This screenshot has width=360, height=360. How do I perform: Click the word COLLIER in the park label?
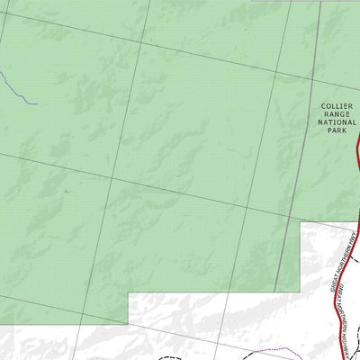tap(337, 106)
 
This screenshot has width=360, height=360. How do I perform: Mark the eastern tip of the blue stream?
tap(37, 103)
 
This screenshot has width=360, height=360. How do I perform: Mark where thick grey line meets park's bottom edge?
tap(275, 292)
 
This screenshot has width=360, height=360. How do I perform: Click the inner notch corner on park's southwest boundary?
tap(128, 293)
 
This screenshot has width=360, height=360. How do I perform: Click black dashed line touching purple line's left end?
tap(246, 354)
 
